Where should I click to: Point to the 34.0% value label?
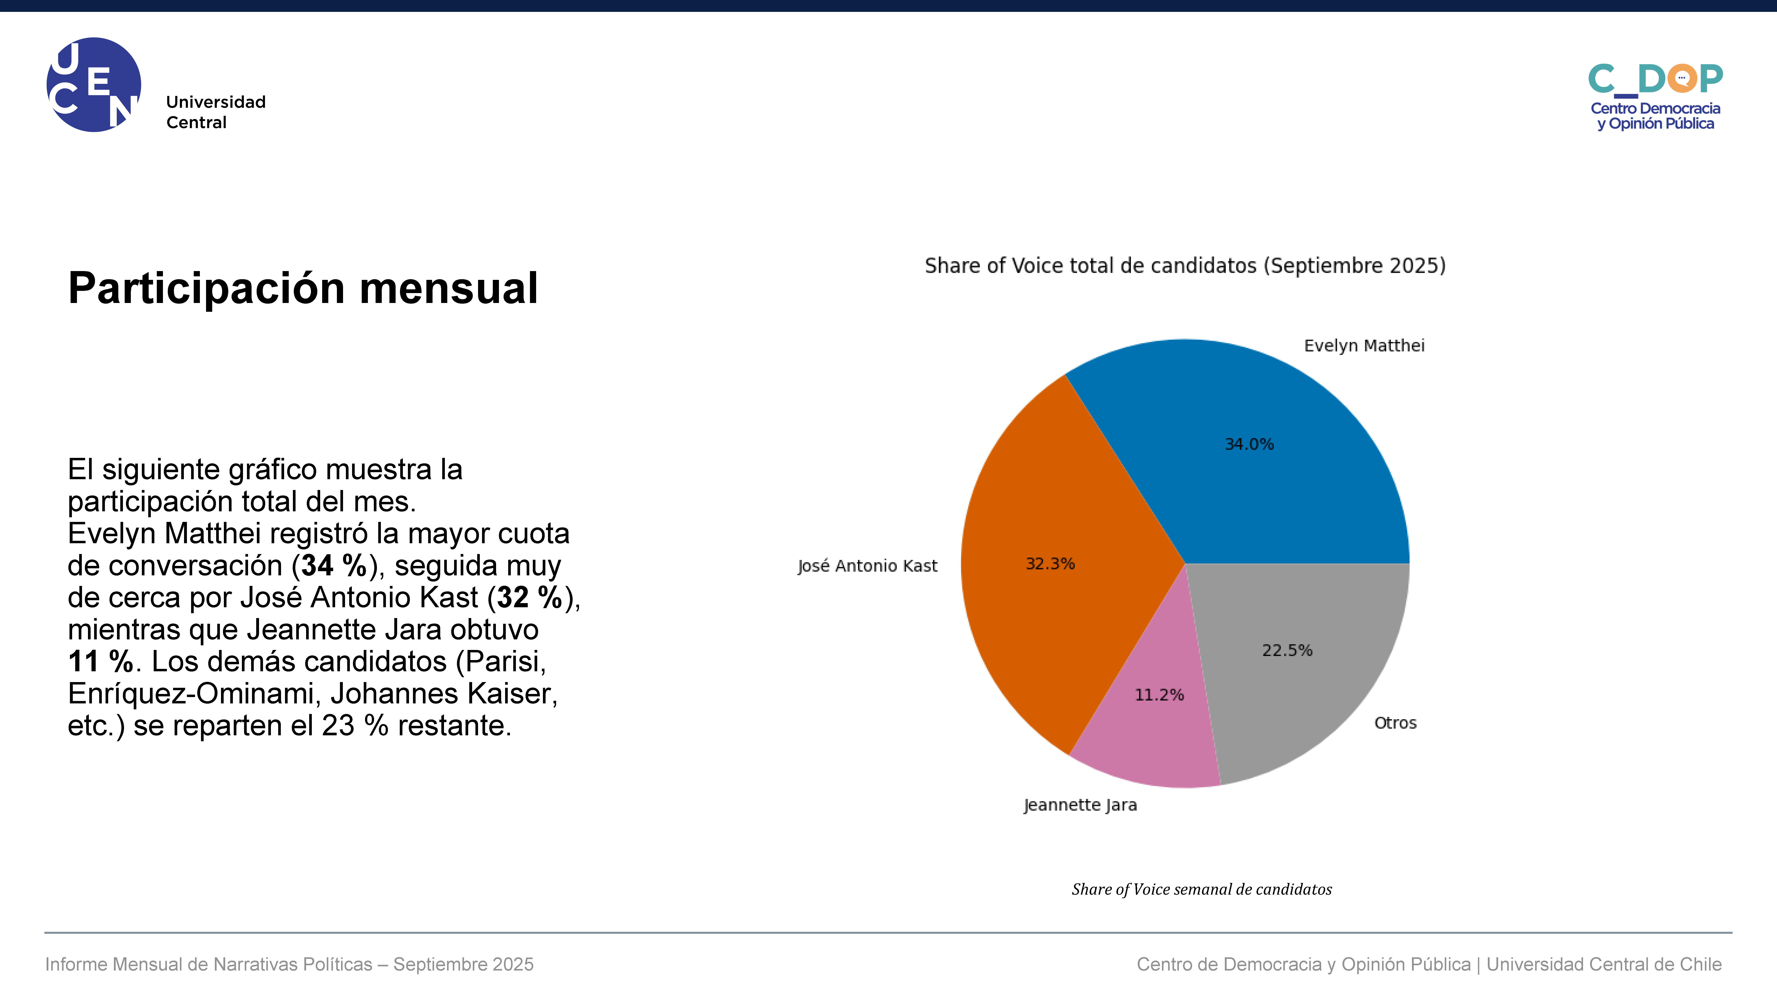pyautogui.click(x=1249, y=444)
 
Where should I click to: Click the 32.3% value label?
pyautogui.click(x=1050, y=564)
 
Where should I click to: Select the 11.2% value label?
pyautogui.click(x=1159, y=695)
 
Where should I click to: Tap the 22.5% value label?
pyautogui.click(x=1287, y=650)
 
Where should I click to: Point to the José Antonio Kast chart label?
pyautogui.click(x=867, y=566)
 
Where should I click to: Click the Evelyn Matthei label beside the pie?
pyautogui.click(x=1364, y=346)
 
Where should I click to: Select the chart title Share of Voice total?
pyautogui.click(x=1185, y=266)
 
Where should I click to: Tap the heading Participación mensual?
pyautogui.click(x=303, y=288)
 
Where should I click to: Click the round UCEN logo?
pyautogui.click(x=94, y=84)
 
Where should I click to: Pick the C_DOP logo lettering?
pyautogui.click(x=1656, y=79)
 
